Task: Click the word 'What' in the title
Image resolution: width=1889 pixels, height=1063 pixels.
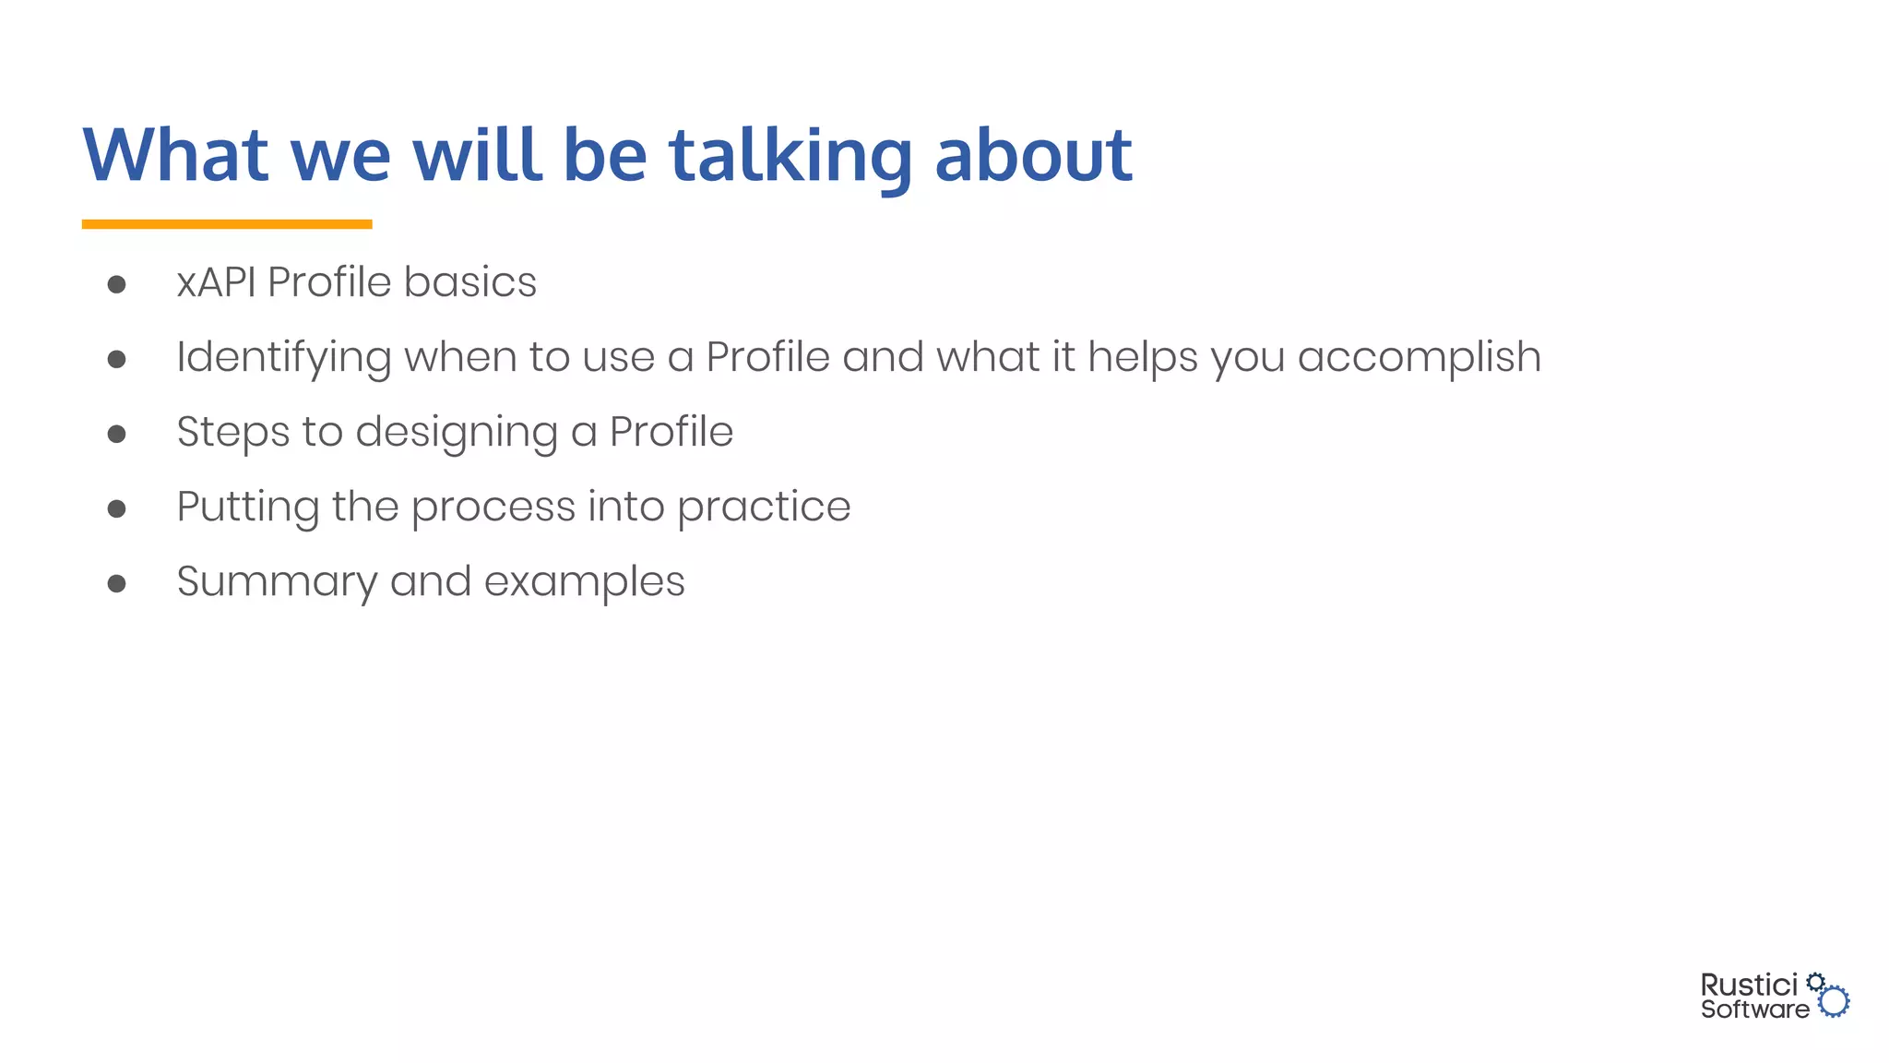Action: pyautogui.click(x=175, y=155)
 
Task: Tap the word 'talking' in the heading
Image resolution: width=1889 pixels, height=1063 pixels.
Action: pyautogui.click(x=790, y=155)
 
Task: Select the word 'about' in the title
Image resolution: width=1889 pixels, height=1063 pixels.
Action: pyautogui.click(x=1033, y=155)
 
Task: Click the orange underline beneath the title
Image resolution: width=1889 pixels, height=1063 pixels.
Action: pyautogui.click(x=227, y=224)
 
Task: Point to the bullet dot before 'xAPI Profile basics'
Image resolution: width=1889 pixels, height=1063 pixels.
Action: pyautogui.click(x=116, y=284)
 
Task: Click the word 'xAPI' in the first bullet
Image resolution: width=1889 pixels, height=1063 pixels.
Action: pyautogui.click(x=216, y=282)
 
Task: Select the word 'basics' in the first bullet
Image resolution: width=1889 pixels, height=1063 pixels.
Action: pyautogui.click(x=469, y=282)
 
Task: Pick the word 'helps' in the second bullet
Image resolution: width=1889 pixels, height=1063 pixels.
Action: pyautogui.click(x=1143, y=358)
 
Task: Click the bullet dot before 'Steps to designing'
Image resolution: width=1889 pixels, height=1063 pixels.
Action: pyautogui.click(x=116, y=434)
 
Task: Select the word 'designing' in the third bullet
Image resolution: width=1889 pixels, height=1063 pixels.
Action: pyautogui.click(x=457, y=433)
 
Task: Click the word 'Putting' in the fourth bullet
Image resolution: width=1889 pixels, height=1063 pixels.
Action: pyautogui.click(x=247, y=508)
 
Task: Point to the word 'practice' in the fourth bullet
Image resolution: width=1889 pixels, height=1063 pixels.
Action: pyautogui.click(x=763, y=508)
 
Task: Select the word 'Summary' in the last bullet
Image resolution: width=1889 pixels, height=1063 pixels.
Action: pyautogui.click(x=276, y=582)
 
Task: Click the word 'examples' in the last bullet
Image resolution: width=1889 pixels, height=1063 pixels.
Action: pyautogui.click(x=584, y=582)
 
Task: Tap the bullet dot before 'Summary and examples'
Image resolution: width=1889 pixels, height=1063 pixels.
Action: pyautogui.click(x=116, y=583)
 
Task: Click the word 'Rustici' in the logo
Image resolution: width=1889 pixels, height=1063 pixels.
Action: pyautogui.click(x=1749, y=985)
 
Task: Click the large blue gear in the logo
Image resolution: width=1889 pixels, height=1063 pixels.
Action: pyautogui.click(x=1835, y=1002)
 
